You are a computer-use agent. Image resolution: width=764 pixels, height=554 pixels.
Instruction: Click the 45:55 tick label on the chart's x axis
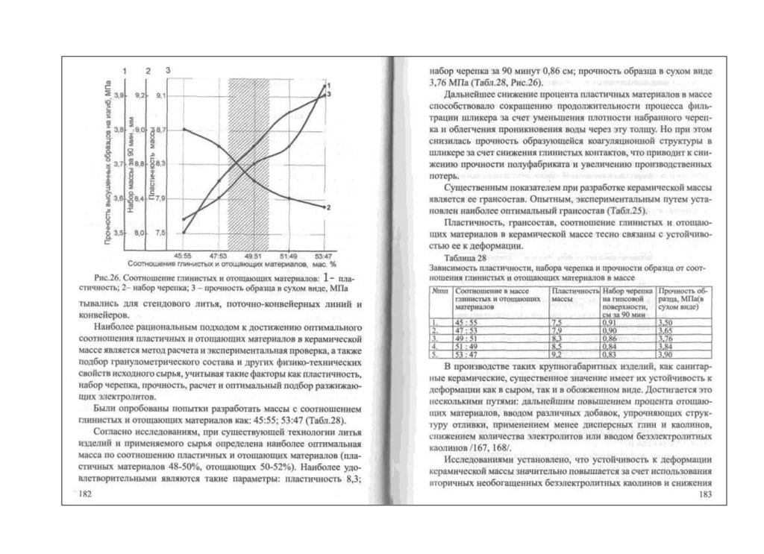[183, 256]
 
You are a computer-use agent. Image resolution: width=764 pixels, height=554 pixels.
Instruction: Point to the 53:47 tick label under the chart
[324, 256]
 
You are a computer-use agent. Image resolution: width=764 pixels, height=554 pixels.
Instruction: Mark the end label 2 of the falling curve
[329, 207]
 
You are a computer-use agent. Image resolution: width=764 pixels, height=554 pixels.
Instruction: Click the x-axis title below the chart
[231, 264]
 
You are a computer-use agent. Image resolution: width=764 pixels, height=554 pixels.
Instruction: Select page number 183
[704, 495]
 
